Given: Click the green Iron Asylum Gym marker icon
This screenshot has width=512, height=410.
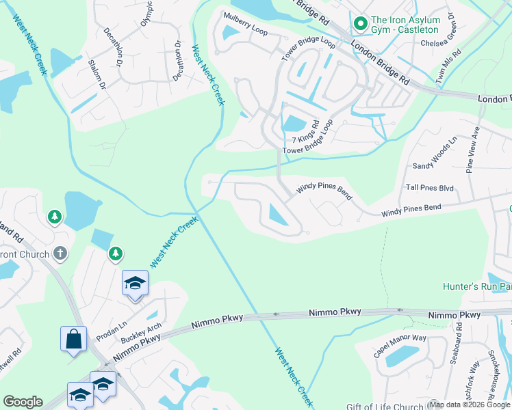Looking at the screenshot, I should click(359, 25).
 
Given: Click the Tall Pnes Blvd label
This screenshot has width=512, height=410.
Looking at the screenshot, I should click(430, 187).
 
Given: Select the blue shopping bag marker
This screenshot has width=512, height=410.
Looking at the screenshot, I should click(73, 339).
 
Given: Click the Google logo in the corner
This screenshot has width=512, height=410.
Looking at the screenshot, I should click(23, 402).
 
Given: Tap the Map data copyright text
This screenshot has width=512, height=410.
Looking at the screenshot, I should click(470, 405).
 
